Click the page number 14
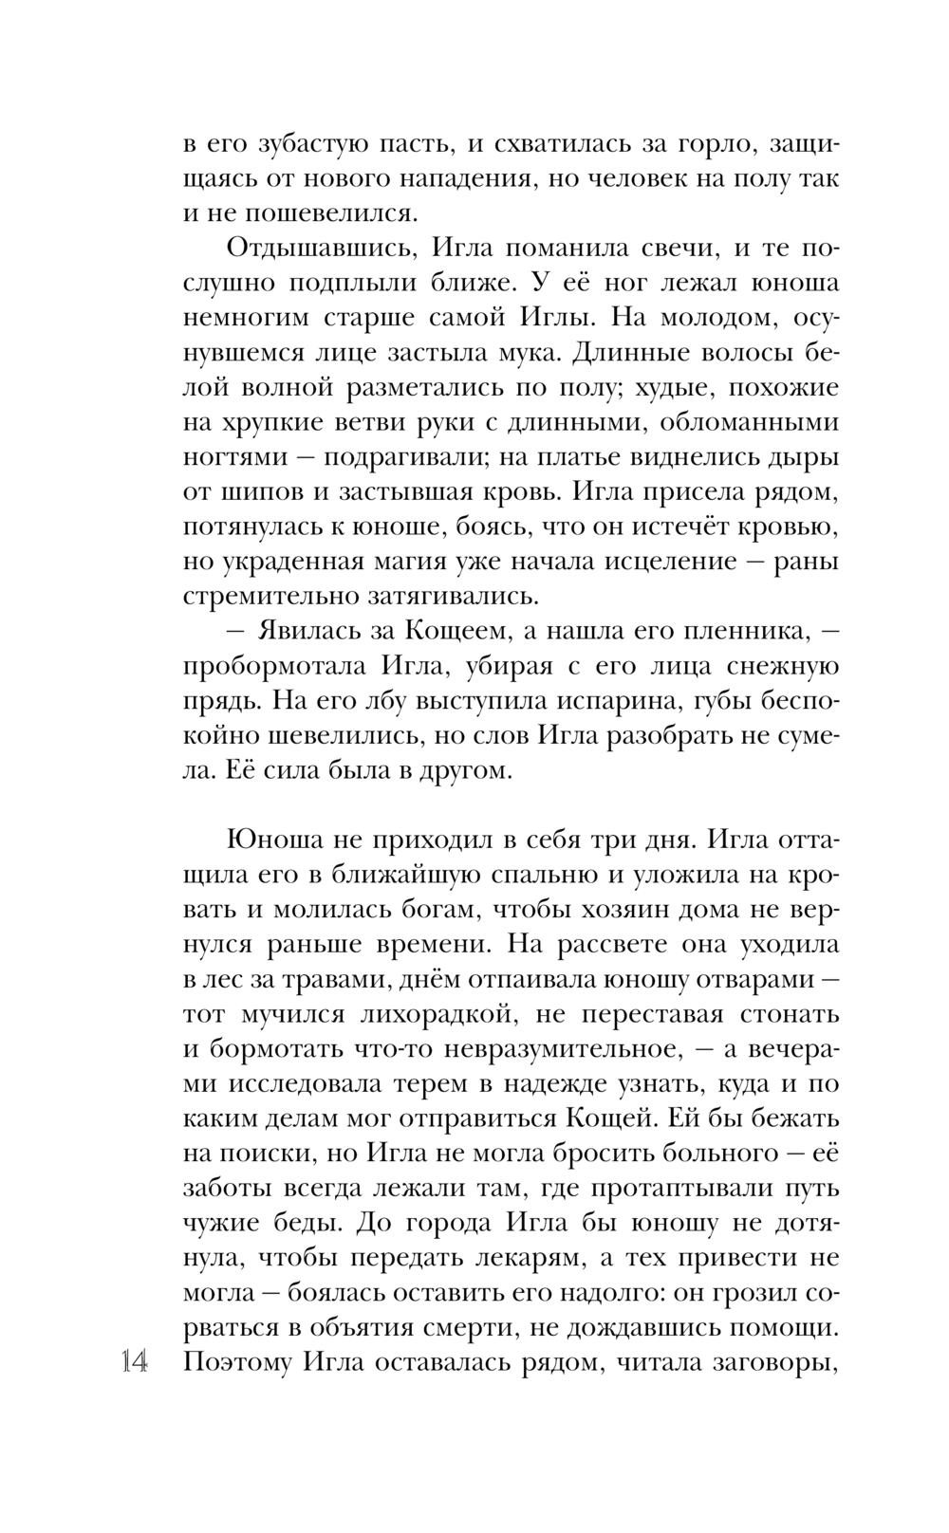(x=134, y=1363)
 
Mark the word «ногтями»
(x=234, y=457)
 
